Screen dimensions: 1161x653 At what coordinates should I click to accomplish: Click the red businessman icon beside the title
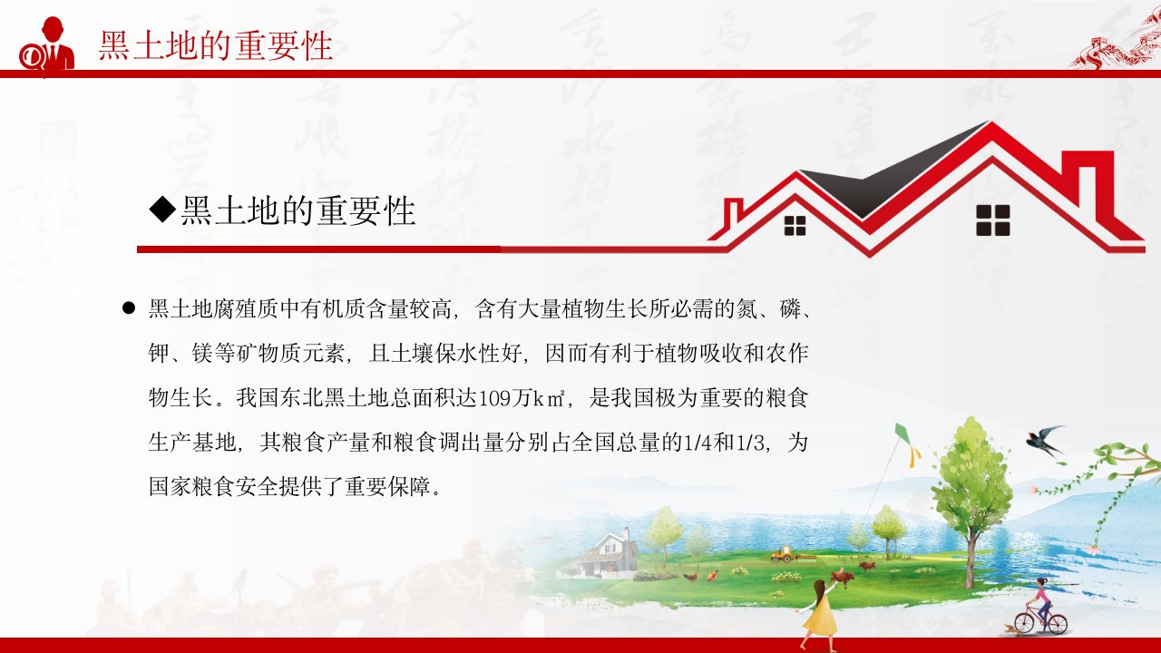click(x=48, y=44)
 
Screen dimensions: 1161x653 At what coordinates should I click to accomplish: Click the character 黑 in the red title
click(x=114, y=45)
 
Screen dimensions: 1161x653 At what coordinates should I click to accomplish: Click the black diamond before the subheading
click(x=162, y=210)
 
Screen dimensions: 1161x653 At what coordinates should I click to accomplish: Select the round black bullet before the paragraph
click(x=129, y=308)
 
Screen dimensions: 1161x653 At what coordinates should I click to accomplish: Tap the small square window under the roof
click(x=795, y=226)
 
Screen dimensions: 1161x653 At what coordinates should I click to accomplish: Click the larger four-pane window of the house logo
click(x=993, y=220)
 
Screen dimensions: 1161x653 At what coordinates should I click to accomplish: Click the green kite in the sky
click(x=904, y=434)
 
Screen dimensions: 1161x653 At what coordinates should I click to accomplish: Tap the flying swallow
click(x=1044, y=441)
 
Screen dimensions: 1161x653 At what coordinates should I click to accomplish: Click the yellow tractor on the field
click(x=783, y=553)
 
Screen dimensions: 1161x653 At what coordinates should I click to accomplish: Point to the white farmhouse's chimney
click(x=626, y=534)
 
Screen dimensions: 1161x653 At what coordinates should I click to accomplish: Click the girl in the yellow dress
click(x=819, y=614)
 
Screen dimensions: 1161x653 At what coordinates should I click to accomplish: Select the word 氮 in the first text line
click(x=746, y=309)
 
